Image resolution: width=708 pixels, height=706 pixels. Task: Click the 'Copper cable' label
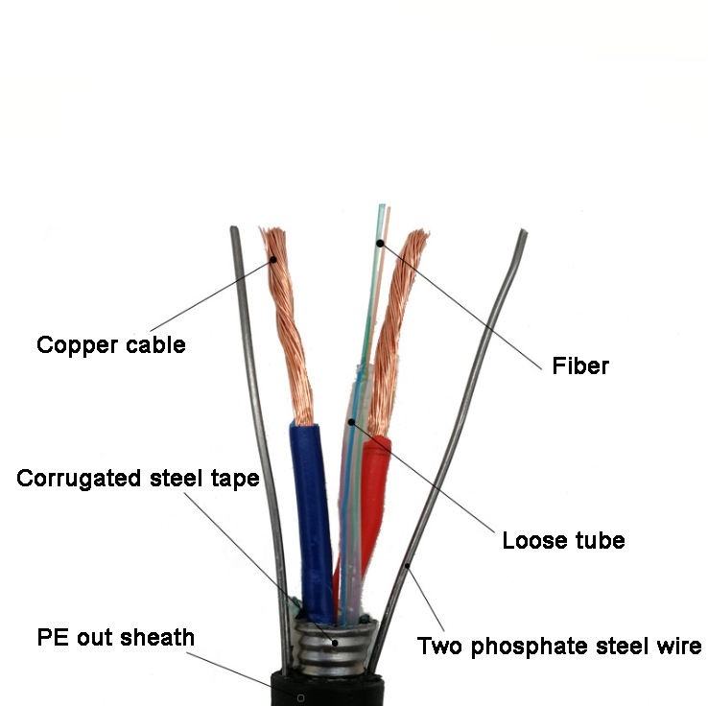[110, 344]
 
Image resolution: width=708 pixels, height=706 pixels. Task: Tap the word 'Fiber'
[580, 365]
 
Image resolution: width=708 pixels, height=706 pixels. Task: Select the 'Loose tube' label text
[563, 540]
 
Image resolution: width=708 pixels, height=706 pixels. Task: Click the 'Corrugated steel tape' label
[138, 478]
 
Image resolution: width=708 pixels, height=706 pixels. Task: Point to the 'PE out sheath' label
[115, 637]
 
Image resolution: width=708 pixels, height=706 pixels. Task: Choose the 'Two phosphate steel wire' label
[558, 646]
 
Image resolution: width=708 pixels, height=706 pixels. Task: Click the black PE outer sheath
[326, 689]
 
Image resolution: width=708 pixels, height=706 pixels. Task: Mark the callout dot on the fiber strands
[380, 244]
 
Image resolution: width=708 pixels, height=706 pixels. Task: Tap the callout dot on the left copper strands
[272, 259]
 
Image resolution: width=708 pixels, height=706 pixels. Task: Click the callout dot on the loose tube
[352, 421]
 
